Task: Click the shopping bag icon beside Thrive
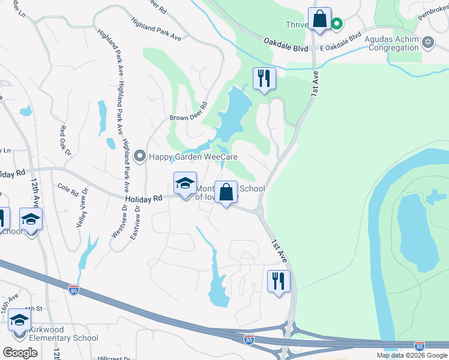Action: pos(319,19)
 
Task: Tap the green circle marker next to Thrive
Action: pos(337,25)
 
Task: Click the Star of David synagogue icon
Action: pos(427,41)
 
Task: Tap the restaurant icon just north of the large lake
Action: pos(264,78)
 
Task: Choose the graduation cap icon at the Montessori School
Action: pos(185,184)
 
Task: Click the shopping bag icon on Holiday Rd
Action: pos(226,193)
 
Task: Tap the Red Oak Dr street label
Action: pos(62,137)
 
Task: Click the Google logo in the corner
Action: pos(20,353)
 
